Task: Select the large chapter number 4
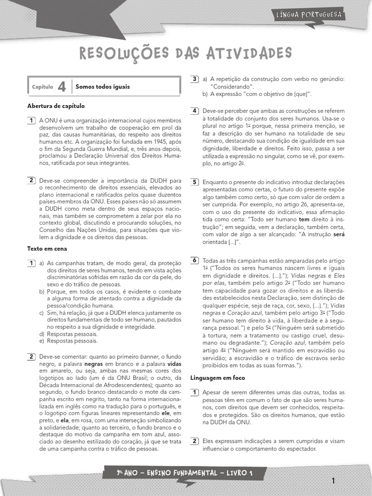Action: [x=62, y=86]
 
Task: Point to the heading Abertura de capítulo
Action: [x=56, y=106]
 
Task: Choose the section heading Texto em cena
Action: [x=47, y=248]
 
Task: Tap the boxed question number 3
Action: [x=195, y=79]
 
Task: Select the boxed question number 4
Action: [x=195, y=111]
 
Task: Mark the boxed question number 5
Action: [x=195, y=182]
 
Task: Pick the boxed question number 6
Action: [x=195, y=261]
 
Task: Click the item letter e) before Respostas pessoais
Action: [x=42, y=341]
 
